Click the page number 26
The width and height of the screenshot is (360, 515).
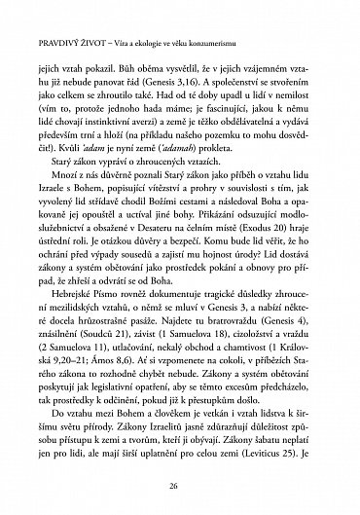[180, 488]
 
